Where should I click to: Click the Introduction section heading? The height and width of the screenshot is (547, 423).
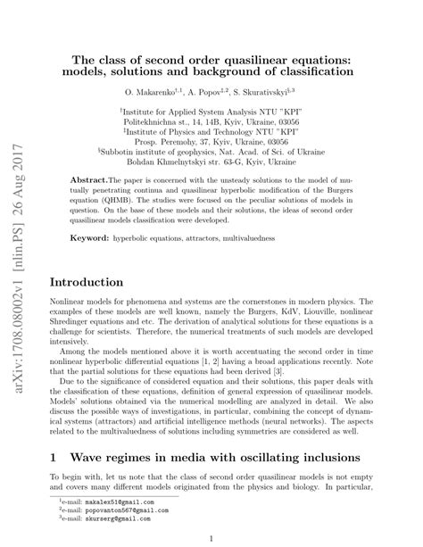point(90,282)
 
